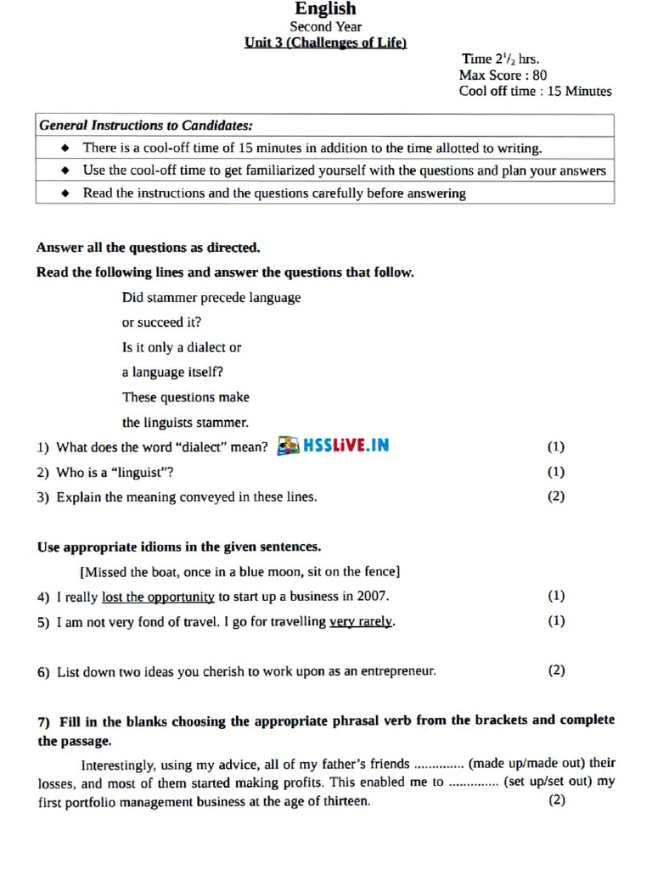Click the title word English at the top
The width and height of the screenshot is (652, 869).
click(325, 9)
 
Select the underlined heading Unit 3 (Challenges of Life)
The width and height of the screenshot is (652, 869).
click(325, 42)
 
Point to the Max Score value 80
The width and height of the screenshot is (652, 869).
click(540, 75)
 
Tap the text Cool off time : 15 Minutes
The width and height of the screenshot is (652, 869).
click(535, 91)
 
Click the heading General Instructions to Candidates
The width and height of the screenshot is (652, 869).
click(145, 125)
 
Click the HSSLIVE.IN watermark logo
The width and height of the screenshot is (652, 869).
click(334, 446)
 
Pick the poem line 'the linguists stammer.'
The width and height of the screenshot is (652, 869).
click(185, 422)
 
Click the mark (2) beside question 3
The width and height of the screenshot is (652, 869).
click(555, 496)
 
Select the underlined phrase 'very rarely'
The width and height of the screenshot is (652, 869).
click(361, 621)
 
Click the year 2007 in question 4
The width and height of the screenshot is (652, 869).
click(373, 597)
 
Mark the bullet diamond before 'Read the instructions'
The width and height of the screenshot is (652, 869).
click(65, 193)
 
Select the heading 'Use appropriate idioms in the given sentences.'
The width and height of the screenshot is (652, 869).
click(178, 547)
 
